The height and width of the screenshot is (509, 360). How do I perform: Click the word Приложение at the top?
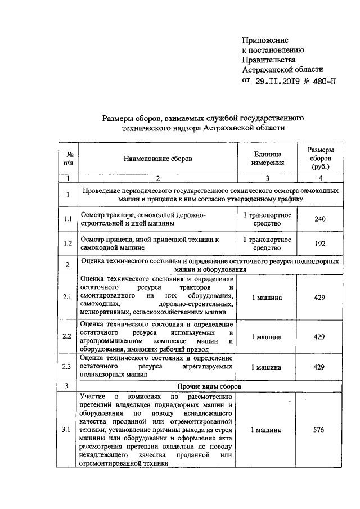coord(265,40)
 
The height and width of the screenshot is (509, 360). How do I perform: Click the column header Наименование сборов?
coord(157,159)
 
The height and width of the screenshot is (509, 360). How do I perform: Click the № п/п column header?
coord(67,159)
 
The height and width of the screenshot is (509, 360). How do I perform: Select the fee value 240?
coord(319,219)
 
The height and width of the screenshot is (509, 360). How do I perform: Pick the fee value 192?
coord(319,245)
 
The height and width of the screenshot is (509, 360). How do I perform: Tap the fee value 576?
coord(319,430)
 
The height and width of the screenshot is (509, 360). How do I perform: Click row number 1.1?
coord(67,219)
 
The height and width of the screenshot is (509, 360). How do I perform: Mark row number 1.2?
coord(67,245)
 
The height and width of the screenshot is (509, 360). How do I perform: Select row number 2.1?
coord(67,297)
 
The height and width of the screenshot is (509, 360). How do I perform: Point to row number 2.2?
coord(67,336)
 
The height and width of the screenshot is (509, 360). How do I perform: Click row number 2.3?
coord(67,367)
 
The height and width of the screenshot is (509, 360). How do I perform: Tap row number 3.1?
coord(67,430)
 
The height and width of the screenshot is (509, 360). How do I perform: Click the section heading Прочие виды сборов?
coord(210,387)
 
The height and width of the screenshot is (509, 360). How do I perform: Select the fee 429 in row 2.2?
coord(319,336)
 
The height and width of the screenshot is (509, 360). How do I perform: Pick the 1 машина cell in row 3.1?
coord(267,430)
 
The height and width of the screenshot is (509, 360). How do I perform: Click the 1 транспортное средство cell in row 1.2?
coord(267,245)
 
